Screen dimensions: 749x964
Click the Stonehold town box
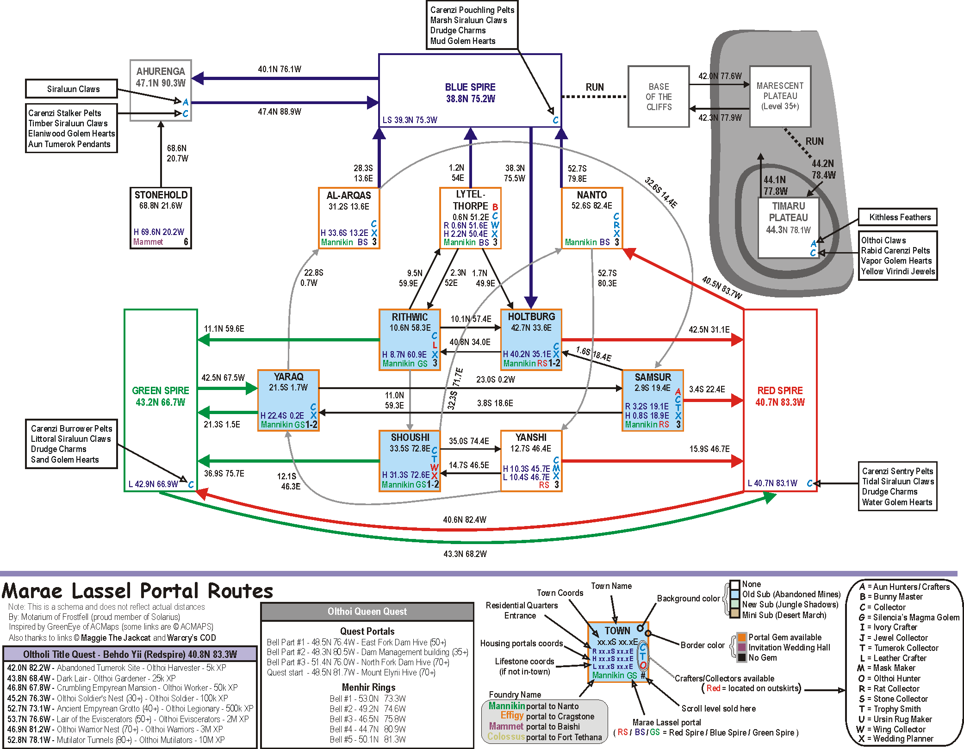[161, 218]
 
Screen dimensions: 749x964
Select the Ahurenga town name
[161, 71]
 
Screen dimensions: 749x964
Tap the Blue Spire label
[470, 87]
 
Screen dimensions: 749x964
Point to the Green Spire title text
[161, 390]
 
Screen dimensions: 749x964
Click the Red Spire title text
[780, 390]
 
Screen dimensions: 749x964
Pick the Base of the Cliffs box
[659, 97]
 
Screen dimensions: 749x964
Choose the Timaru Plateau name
[788, 212]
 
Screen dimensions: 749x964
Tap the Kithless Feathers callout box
[897, 217]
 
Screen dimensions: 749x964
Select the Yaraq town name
[288, 377]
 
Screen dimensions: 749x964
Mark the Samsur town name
[653, 377]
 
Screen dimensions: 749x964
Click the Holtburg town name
[531, 316]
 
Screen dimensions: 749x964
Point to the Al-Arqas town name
[349, 195]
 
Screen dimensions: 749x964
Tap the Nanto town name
[591, 195]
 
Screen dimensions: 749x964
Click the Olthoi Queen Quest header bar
[367, 612]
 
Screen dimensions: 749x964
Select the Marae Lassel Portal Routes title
[137, 591]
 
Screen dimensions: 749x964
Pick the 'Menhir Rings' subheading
[368, 687]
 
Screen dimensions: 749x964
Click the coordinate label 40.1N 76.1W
[280, 69]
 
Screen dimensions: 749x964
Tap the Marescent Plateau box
[780, 96]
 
